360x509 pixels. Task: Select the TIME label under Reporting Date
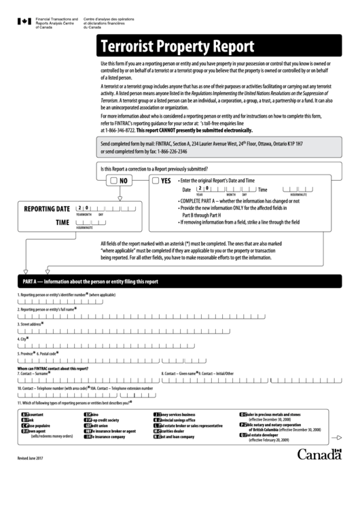[62, 222]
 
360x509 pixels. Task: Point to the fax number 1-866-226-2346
[173, 152]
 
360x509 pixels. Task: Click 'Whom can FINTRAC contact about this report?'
[52, 368]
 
